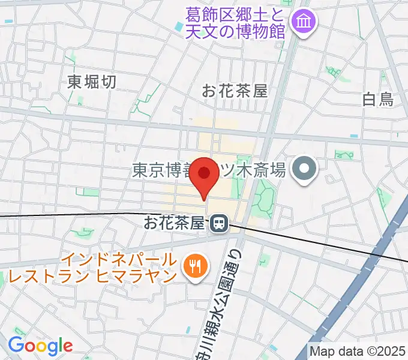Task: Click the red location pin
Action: (x=204, y=175)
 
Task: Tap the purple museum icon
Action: (x=299, y=23)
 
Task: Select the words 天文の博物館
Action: (x=234, y=31)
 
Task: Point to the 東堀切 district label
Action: (x=92, y=82)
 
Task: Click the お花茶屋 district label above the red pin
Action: (x=234, y=91)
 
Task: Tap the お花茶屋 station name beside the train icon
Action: (x=174, y=223)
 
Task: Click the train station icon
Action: (x=218, y=224)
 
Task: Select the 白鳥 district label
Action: (x=379, y=99)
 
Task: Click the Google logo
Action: (x=40, y=346)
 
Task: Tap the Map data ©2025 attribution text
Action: (x=358, y=351)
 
